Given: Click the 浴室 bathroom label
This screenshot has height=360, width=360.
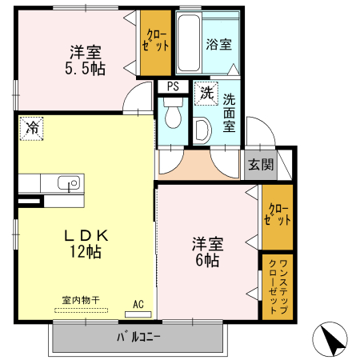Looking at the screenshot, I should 218,45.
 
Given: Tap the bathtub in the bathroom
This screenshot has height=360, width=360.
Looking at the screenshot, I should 188,43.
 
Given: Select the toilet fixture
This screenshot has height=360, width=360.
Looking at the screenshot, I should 170,117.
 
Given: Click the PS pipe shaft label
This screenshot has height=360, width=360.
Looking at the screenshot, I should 172,87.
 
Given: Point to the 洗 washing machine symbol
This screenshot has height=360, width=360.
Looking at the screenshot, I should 206,93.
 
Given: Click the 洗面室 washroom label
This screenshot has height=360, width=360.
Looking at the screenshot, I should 229,111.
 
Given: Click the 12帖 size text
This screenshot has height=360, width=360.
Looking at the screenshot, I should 82,252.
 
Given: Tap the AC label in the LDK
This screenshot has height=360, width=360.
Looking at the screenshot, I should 138,305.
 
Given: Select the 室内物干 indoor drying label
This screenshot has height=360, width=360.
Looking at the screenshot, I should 80,300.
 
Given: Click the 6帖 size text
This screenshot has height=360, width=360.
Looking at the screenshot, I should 206,259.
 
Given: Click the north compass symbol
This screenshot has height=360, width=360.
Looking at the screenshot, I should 334,339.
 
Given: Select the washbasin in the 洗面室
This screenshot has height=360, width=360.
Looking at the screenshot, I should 202,129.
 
